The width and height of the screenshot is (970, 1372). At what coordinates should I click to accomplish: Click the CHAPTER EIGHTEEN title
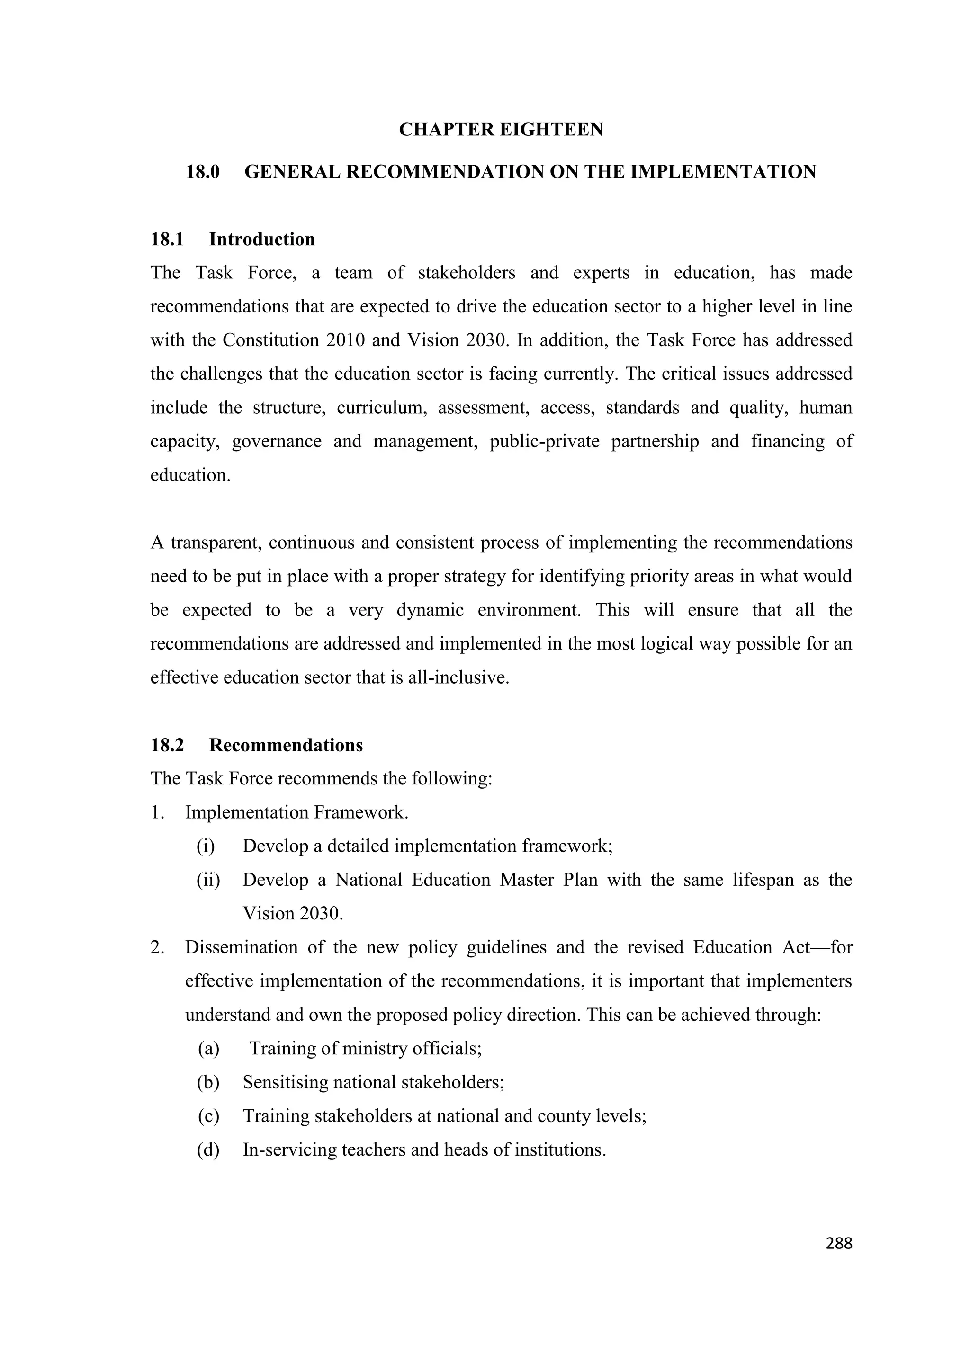click(501, 129)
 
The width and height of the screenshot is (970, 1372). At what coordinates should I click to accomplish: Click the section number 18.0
click(203, 172)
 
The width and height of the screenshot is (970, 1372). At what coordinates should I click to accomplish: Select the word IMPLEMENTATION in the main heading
click(723, 172)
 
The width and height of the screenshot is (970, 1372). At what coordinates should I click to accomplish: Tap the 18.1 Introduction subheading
click(233, 239)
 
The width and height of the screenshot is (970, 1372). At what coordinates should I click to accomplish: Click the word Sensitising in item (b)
click(285, 1082)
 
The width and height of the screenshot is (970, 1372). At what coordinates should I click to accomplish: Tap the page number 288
click(838, 1244)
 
